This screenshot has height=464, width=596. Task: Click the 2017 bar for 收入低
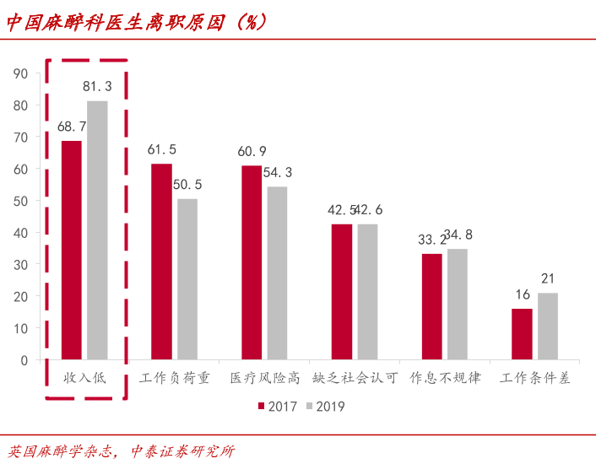click(72, 251)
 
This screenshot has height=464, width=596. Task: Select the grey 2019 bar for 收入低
click(98, 230)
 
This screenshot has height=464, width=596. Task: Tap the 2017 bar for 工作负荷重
click(161, 262)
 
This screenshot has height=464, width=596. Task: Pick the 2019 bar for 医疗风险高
click(277, 273)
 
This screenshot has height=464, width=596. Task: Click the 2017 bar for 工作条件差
click(522, 334)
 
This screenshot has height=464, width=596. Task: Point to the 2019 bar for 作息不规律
click(458, 305)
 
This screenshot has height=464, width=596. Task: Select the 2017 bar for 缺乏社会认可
click(342, 292)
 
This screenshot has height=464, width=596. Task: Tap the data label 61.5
click(161, 149)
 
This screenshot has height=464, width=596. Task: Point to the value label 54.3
click(278, 172)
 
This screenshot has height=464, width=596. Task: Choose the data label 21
click(548, 278)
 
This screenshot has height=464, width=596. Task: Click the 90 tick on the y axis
click(21, 73)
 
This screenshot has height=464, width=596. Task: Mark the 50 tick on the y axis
click(21, 201)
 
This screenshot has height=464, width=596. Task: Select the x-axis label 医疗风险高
click(264, 378)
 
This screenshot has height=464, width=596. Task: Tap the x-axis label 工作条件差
click(534, 378)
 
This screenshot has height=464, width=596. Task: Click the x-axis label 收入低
click(84, 378)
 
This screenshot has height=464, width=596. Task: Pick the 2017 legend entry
click(278, 407)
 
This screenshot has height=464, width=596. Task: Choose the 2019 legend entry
click(324, 407)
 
